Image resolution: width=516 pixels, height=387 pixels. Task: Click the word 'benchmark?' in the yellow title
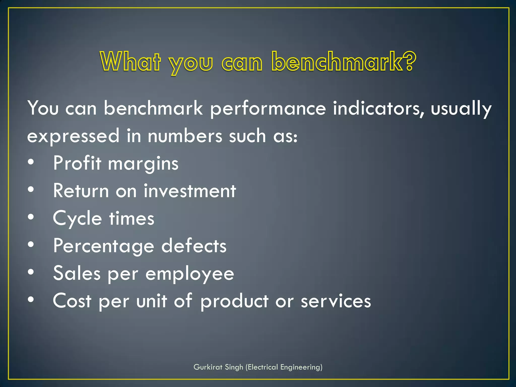click(344, 62)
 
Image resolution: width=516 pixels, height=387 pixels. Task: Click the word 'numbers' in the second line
click(185, 136)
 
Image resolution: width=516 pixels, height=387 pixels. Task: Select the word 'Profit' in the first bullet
click(77, 163)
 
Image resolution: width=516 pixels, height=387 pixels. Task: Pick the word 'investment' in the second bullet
click(190, 191)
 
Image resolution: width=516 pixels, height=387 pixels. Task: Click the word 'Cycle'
click(77, 218)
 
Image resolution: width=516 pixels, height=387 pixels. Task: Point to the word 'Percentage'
click(104, 246)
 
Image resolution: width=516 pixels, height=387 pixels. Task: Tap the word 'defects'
click(194, 246)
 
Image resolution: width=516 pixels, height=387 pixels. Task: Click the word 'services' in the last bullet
click(336, 301)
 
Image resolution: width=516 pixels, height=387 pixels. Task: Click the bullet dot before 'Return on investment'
click(31, 189)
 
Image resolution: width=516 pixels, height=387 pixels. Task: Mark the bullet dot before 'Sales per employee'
click(31, 272)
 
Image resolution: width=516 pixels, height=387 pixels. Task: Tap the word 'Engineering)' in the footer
click(301, 367)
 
